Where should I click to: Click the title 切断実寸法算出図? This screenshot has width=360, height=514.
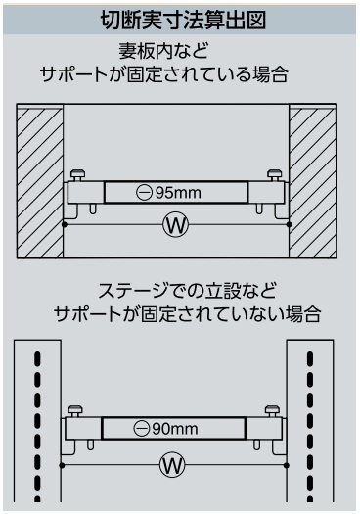(183, 20)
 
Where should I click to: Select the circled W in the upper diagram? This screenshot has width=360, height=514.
(176, 224)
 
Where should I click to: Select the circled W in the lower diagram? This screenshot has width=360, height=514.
(172, 465)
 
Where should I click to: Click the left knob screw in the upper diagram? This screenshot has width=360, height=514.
(77, 174)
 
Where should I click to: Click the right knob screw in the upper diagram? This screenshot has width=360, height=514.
(274, 174)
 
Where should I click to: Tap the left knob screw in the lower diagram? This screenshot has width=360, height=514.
(75, 411)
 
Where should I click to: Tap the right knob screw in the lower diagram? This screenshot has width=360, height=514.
(272, 411)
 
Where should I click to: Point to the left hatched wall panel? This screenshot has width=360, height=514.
(40, 182)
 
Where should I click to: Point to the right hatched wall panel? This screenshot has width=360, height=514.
(312, 182)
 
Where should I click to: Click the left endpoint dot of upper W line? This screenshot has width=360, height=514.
(65, 224)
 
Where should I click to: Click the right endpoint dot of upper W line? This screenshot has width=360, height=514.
(289, 224)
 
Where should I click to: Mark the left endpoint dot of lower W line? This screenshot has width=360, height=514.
(62, 465)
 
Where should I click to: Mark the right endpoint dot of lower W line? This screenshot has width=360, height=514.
(287, 465)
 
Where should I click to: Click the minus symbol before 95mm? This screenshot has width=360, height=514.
(144, 193)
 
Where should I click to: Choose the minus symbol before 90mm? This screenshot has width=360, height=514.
(142, 429)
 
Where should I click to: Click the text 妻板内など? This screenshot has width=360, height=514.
(163, 51)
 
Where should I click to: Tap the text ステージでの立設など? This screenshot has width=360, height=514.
(187, 291)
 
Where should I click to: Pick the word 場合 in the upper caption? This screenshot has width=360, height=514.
(271, 74)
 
